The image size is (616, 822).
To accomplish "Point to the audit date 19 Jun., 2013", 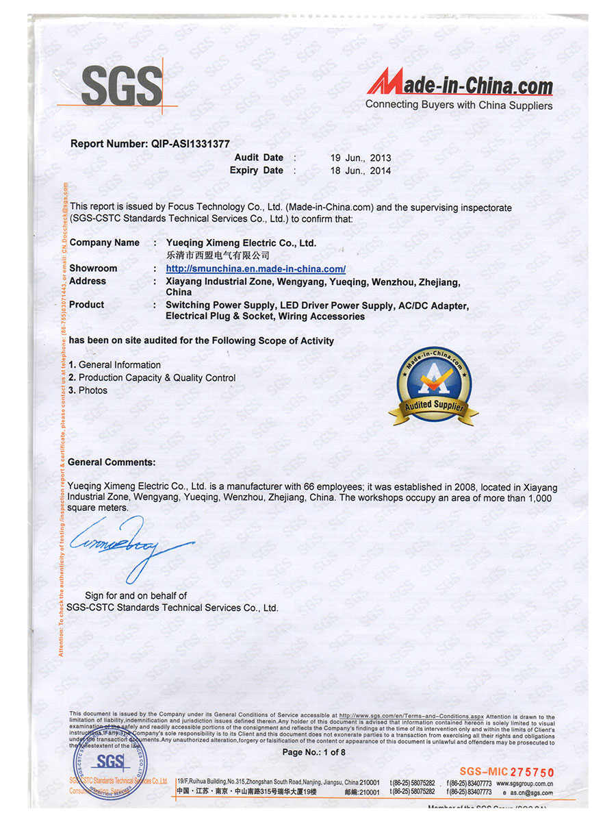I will click(x=361, y=158).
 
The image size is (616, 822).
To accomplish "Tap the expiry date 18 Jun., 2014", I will click(x=361, y=171).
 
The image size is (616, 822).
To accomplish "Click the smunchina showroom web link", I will click(x=255, y=269).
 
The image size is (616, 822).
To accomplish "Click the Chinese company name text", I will click(x=213, y=255).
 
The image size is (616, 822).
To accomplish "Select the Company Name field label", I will click(x=104, y=242).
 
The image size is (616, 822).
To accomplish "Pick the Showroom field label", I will click(x=93, y=269).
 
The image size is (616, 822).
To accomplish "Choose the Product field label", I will click(x=87, y=305).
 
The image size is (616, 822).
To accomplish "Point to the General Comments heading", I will click(x=112, y=462).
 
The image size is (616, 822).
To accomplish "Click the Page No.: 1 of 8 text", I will click(x=314, y=752).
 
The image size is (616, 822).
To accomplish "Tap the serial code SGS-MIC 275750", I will click(x=506, y=772).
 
